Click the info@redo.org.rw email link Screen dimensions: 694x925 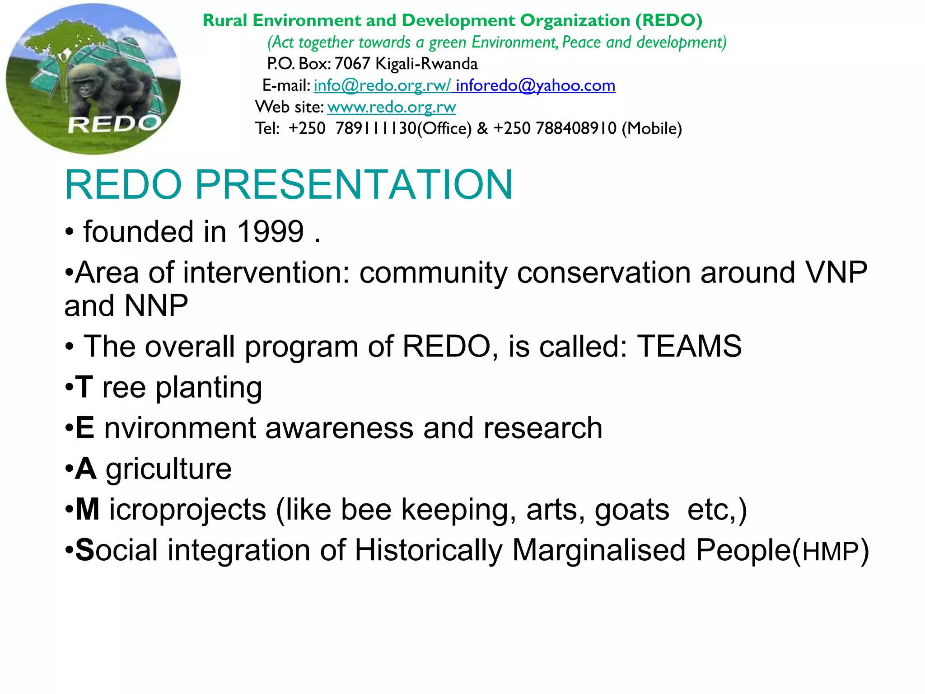click(x=382, y=85)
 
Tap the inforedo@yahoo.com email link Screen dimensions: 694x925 click(x=535, y=85)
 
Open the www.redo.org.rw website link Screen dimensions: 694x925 click(x=392, y=107)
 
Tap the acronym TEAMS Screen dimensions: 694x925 click(x=689, y=347)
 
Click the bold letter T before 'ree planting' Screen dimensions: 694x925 click(x=84, y=388)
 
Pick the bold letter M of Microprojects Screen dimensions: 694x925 click(x=87, y=510)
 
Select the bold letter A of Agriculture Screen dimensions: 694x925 click(x=86, y=469)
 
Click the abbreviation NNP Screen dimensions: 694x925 click(x=156, y=306)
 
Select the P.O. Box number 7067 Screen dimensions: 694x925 click(x=352, y=64)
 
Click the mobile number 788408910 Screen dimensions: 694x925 click(x=576, y=129)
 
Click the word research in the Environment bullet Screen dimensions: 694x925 click(x=542, y=428)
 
